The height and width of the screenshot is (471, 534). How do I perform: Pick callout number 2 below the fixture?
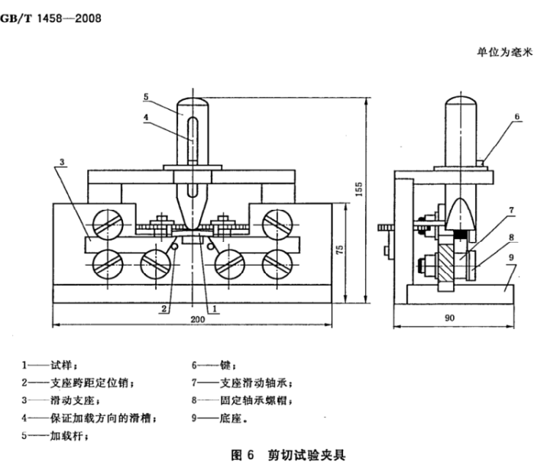tap(163, 308)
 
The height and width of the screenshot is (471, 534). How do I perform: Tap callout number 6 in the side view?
tap(516, 118)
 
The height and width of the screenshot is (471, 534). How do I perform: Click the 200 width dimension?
tap(197, 321)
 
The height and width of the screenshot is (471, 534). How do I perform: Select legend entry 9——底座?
tap(222, 418)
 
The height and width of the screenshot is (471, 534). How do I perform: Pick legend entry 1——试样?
tap(50, 366)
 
